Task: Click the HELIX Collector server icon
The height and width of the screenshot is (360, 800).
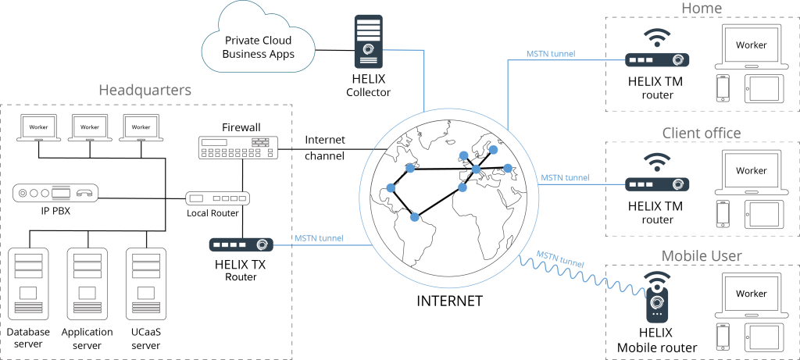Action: click(369, 41)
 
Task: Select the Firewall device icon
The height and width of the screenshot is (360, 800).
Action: click(237, 148)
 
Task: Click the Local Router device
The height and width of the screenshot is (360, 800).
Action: click(217, 198)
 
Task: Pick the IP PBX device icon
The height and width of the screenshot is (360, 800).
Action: click(55, 193)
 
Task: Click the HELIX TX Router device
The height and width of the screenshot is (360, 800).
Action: click(241, 244)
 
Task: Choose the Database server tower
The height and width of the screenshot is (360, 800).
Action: click(29, 283)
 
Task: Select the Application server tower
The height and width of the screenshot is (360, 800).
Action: click(87, 283)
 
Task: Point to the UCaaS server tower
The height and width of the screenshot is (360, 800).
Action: click(146, 283)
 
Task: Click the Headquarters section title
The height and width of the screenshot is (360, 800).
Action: click(145, 91)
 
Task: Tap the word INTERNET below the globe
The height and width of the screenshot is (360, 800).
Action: click(449, 301)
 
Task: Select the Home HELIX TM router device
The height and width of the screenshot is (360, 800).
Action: click(657, 59)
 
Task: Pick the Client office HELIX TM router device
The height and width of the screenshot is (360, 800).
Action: click(657, 184)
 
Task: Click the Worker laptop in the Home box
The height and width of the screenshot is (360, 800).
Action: click(752, 47)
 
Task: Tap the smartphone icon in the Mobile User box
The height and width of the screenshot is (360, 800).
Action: click(723, 337)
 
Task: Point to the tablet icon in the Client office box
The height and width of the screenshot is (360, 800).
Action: click(762, 214)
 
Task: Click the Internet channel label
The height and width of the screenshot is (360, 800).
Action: click(325, 148)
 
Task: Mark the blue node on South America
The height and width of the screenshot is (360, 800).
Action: click(415, 217)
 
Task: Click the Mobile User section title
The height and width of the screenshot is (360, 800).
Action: click(702, 256)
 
